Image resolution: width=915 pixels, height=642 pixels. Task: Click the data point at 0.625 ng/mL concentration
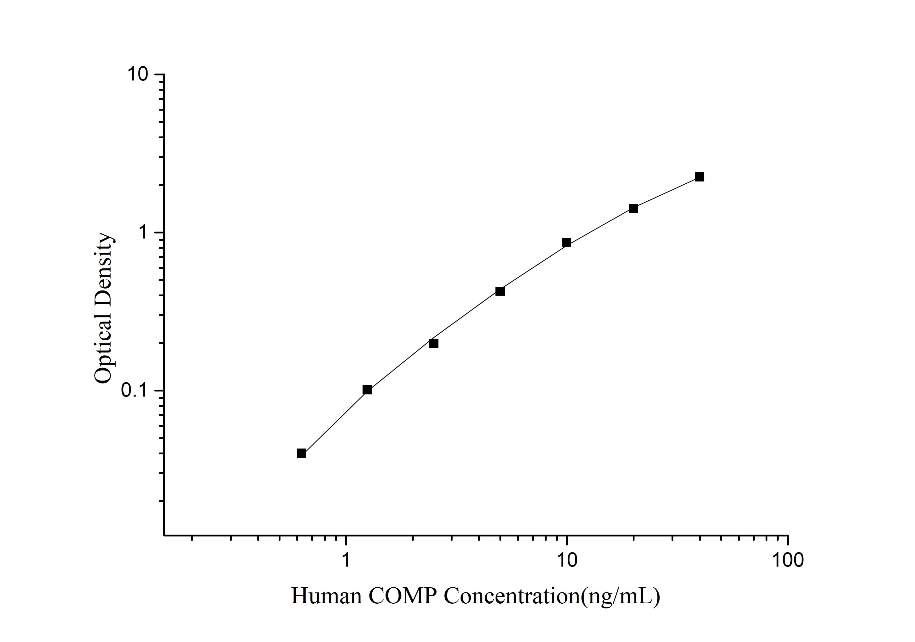click(x=302, y=453)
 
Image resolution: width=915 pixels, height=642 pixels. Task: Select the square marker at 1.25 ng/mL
click(x=367, y=390)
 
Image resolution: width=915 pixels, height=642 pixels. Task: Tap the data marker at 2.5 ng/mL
click(x=434, y=343)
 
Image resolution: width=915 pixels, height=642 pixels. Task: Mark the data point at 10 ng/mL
click(x=566, y=243)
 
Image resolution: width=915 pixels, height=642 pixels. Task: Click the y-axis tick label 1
click(x=144, y=232)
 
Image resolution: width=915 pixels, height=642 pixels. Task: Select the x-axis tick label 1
click(x=346, y=560)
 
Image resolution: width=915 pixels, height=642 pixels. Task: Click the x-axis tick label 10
click(x=566, y=560)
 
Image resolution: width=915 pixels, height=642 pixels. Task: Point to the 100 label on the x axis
click(x=787, y=560)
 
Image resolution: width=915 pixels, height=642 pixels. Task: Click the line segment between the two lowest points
click(x=334, y=422)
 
